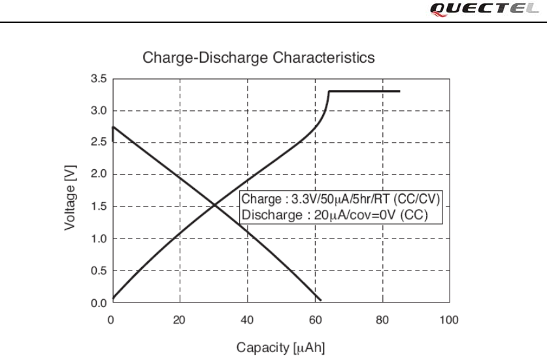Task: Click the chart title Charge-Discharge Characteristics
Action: pos(259,57)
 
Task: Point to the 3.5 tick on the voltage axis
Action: pos(99,79)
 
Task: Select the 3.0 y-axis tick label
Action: pos(99,111)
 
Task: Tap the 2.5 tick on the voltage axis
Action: pos(99,143)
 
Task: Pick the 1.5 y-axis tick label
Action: pos(99,207)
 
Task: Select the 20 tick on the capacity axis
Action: pos(180,320)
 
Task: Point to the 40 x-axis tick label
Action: pos(248,320)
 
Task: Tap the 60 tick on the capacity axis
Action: pos(314,320)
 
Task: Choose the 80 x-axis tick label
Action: pos(382,320)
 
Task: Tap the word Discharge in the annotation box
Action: pos(265,214)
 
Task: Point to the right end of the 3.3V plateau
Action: pos(399,91)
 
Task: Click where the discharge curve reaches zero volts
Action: pos(321,301)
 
